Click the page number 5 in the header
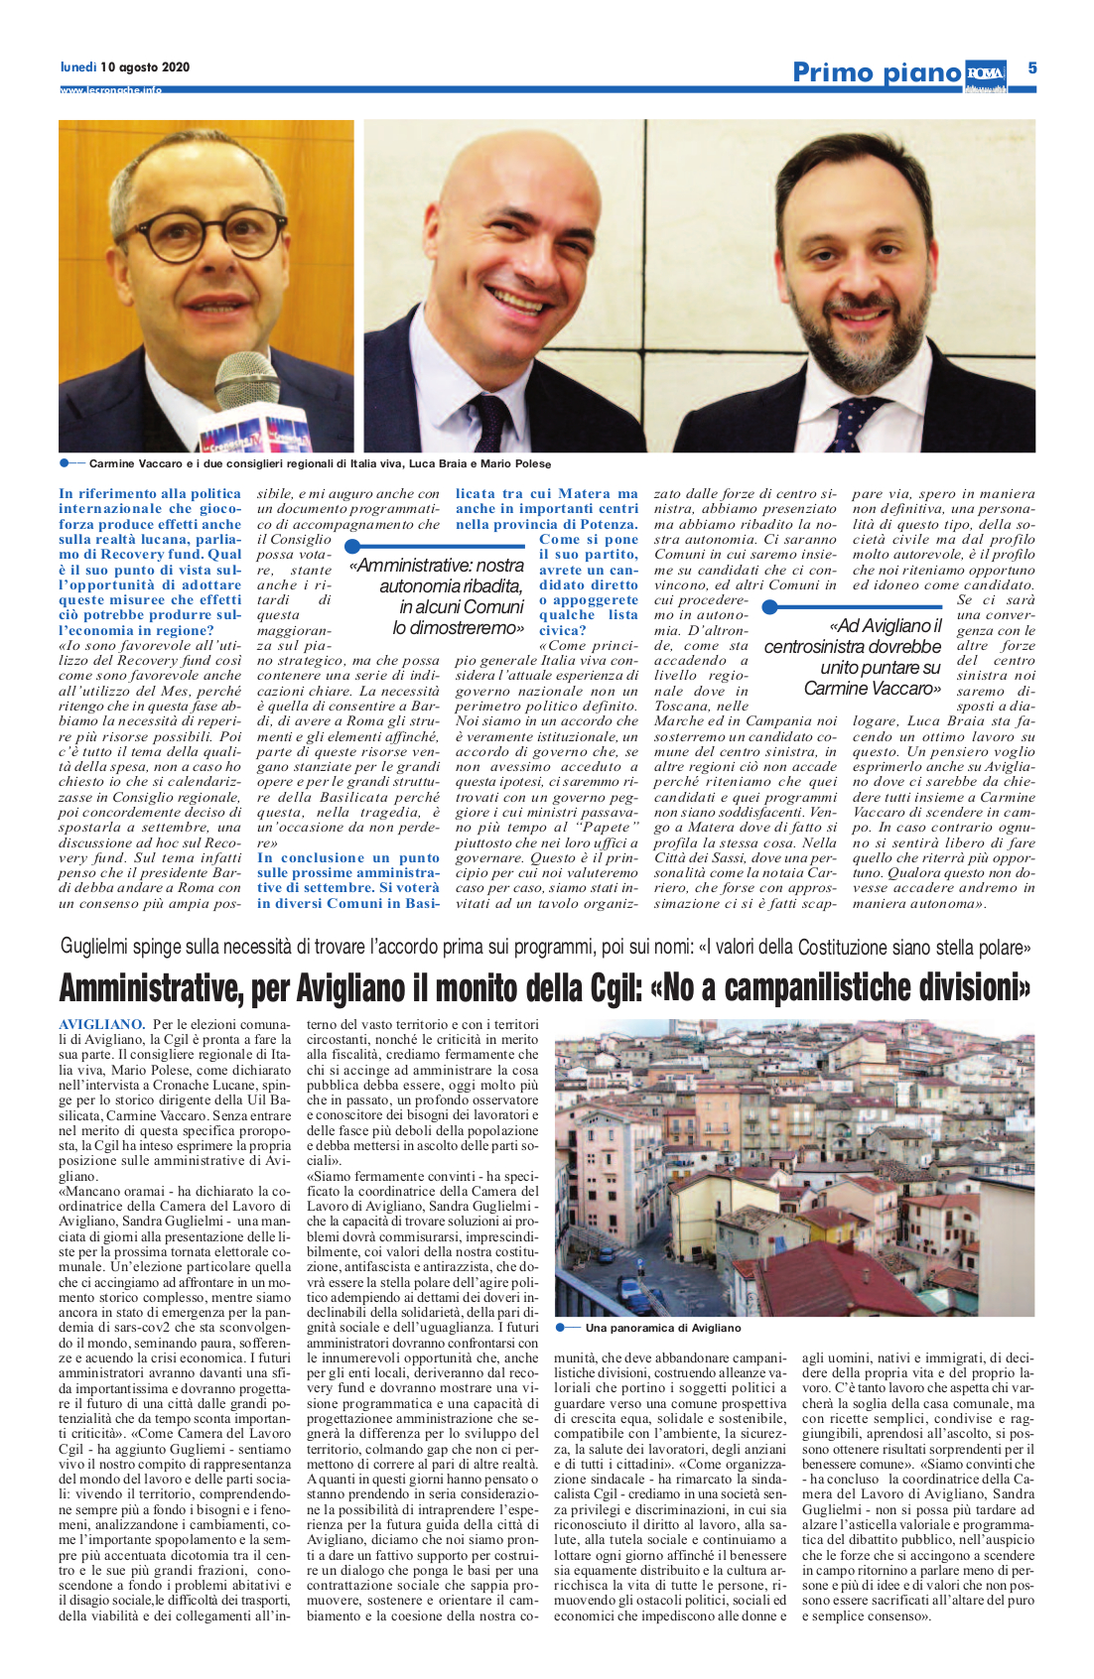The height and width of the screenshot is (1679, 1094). point(1032,67)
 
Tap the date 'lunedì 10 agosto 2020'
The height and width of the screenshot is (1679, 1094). point(124,67)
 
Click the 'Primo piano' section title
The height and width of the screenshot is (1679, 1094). point(877,72)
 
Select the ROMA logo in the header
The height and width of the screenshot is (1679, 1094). point(985,73)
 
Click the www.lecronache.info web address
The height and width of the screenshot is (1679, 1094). point(110,90)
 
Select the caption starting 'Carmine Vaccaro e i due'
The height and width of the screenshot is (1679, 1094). point(319,463)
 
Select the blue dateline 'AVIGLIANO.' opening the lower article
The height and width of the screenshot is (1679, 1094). point(102,1024)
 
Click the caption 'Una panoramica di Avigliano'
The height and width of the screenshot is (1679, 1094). point(663,1328)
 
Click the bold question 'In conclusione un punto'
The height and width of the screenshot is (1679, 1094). point(347,858)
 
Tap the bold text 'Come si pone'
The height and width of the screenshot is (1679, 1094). point(589,540)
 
